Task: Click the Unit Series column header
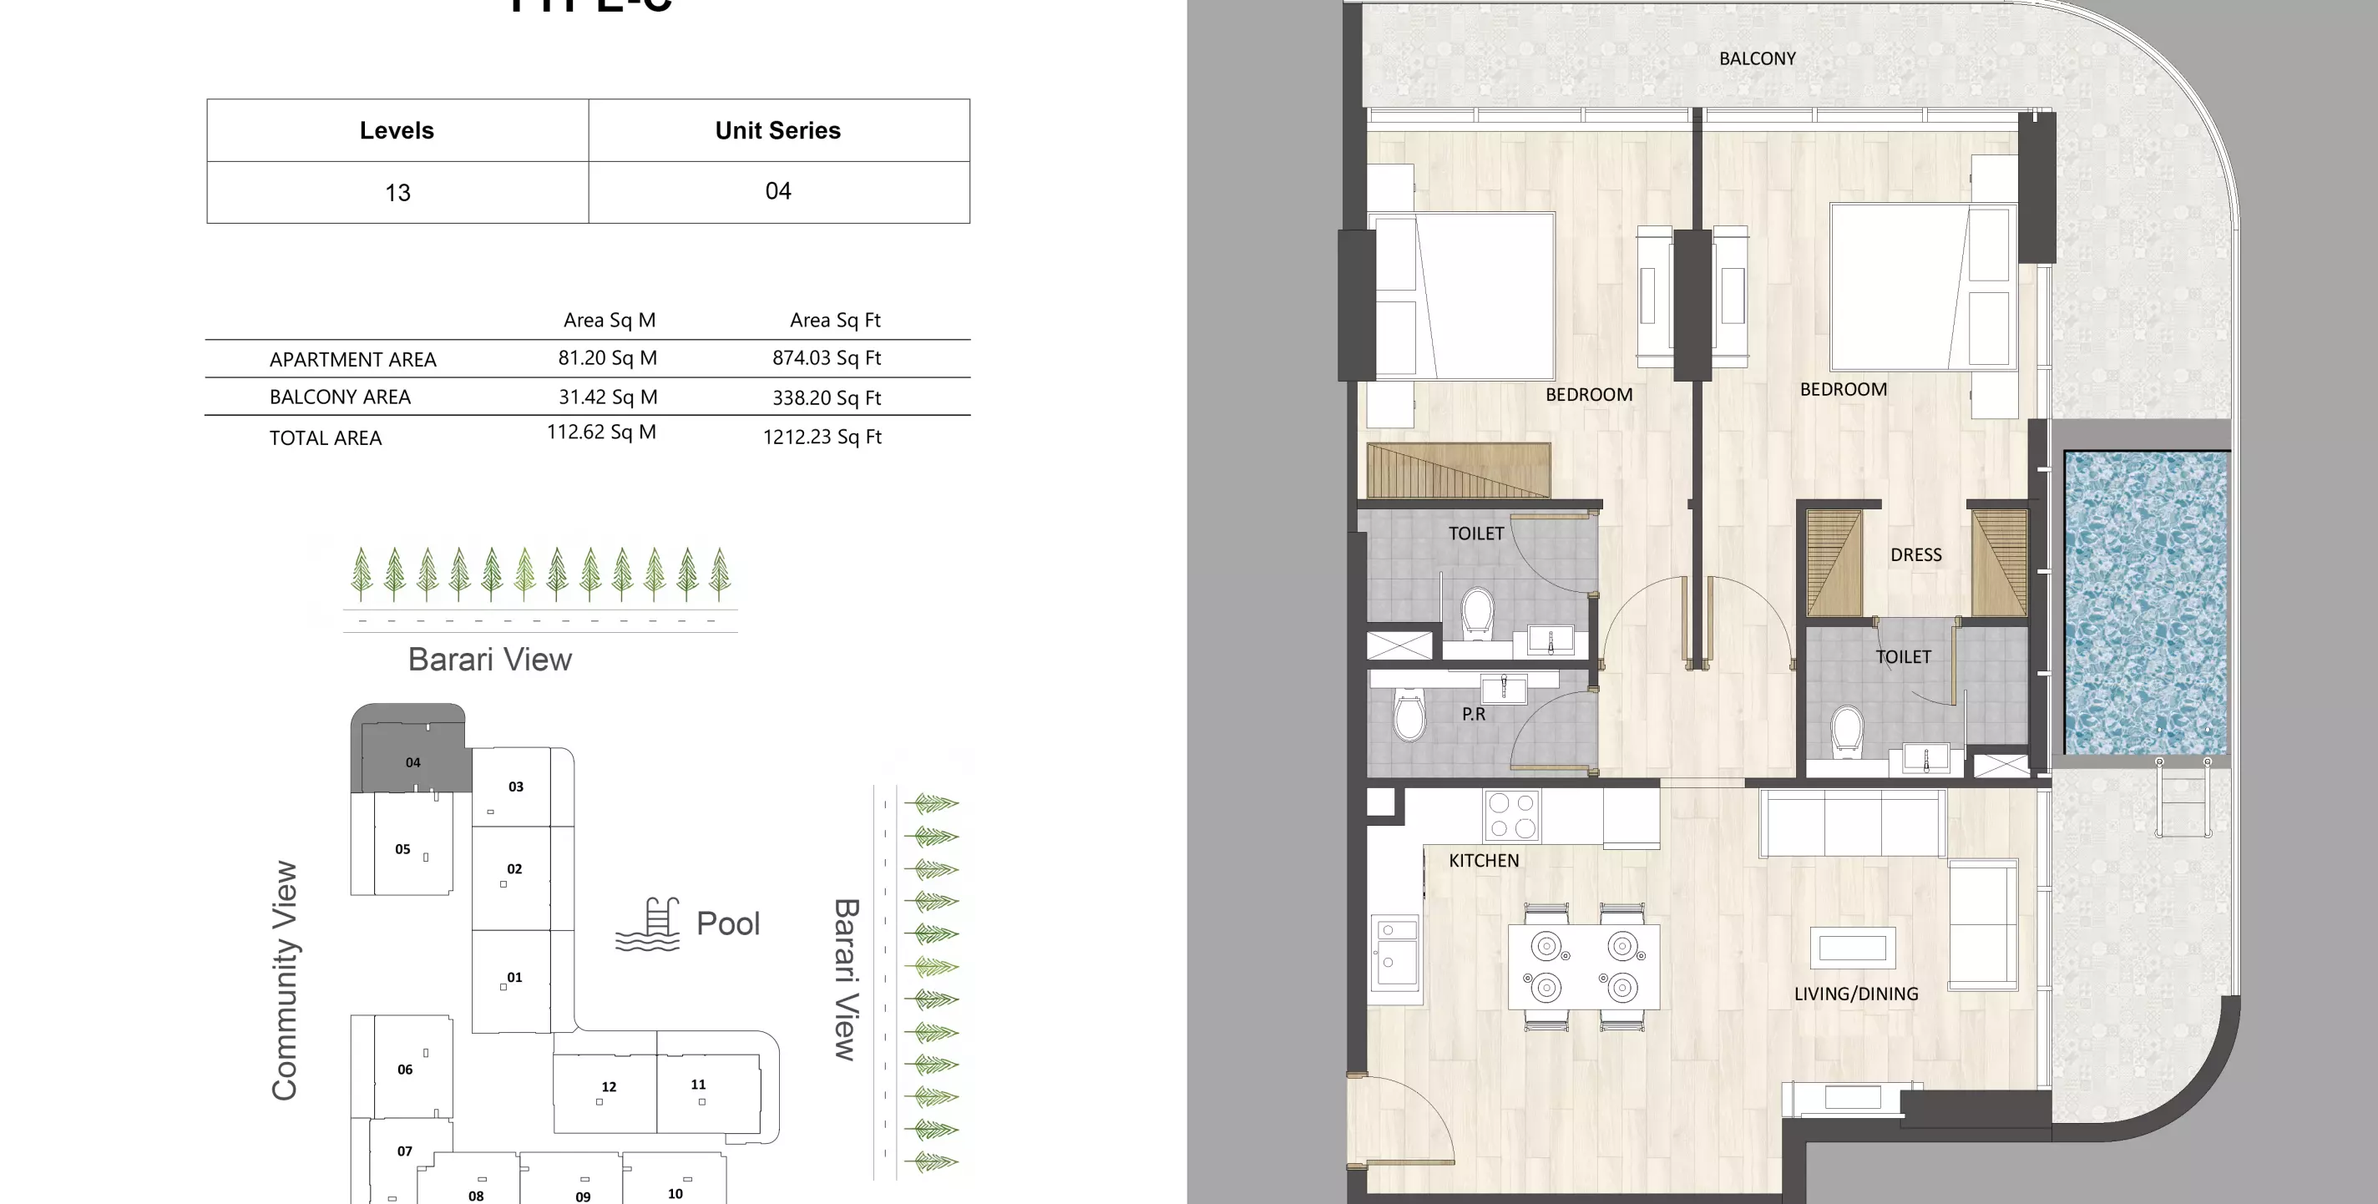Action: coord(777,130)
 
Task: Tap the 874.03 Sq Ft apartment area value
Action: coord(827,357)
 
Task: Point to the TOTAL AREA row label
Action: coord(325,438)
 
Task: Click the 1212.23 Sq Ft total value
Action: coord(822,437)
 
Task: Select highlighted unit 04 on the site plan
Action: coord(412,761)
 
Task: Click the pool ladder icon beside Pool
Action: coord(648,924)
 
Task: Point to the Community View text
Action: coord(285,979)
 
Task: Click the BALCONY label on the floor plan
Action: coord(1757,58)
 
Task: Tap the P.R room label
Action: coord(1474,714)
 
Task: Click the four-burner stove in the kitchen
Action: coord(1512,815)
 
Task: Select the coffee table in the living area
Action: coord(1852,949)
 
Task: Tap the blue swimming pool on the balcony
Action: coord(2145,602)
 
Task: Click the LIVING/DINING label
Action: coord(1855,994)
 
